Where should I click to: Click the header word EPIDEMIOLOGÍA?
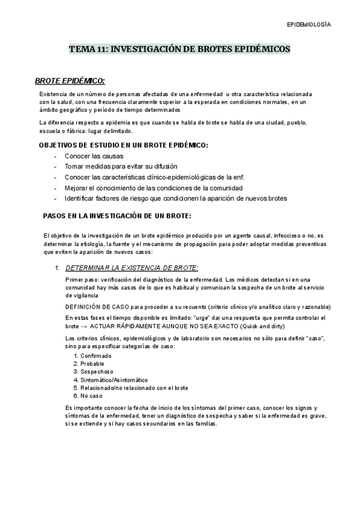[x=308, y=25]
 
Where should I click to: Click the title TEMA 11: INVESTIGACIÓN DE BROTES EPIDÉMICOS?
[x=180, y=49]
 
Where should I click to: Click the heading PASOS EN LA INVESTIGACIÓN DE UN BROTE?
[x=118, y=215]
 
